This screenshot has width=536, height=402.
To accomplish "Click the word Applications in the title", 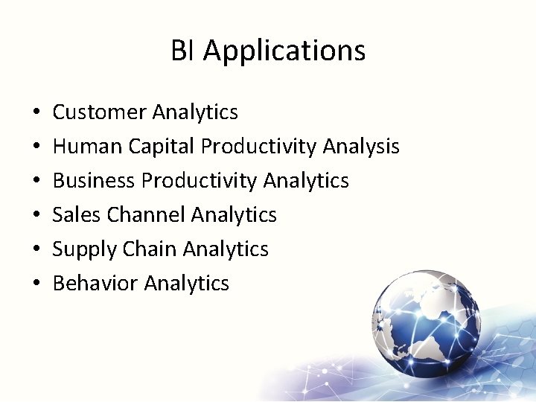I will tap(284, 51).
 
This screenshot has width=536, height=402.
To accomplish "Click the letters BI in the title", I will tap(183, 51).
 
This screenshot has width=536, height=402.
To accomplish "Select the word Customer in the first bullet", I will tap(100, 112).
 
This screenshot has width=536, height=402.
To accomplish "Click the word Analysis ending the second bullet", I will tap(361, 147).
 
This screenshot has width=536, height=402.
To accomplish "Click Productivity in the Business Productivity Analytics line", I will tap(200, 181).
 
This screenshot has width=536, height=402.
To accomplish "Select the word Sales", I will tap(77, 215).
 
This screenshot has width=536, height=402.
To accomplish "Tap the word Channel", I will tap(146, 215).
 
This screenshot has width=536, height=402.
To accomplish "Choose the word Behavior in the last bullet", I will tap(95, 284).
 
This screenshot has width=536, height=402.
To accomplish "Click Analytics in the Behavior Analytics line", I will tap(187, 284).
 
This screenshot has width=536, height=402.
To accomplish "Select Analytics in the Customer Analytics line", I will tap(195, 112).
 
